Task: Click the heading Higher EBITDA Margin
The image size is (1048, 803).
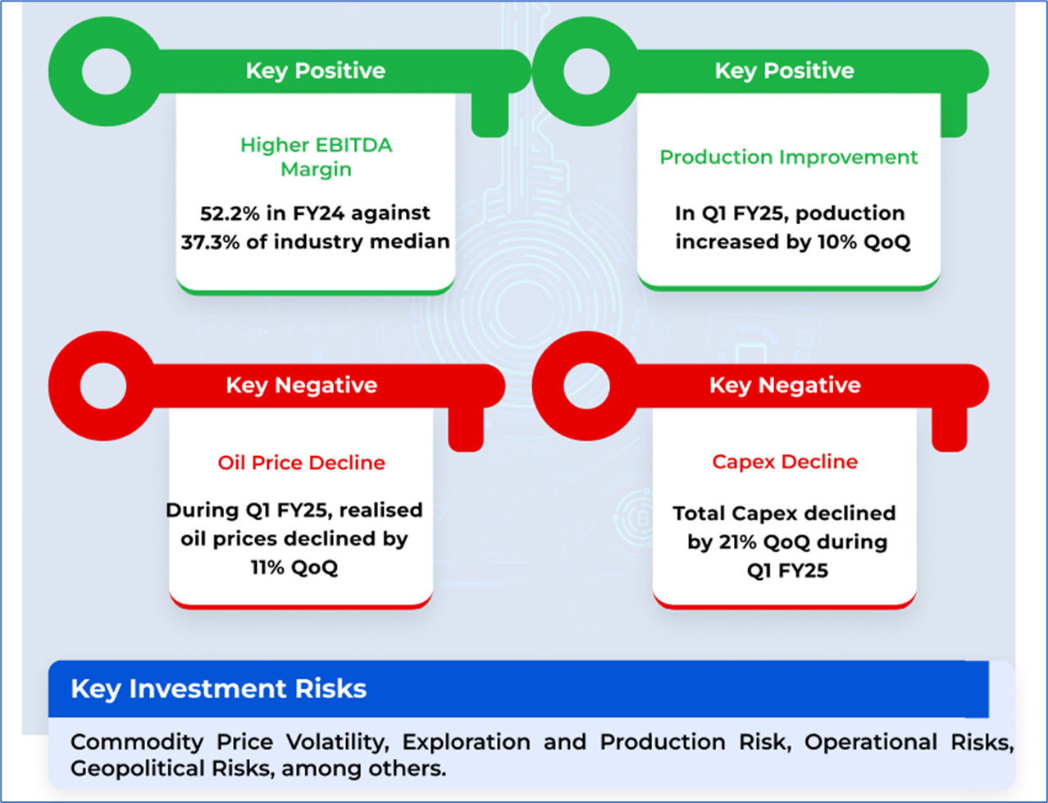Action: click(x=316, y=157)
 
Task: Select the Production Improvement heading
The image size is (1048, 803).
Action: click(x=789, y=157)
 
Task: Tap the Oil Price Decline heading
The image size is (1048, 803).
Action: click(x=301, y=463)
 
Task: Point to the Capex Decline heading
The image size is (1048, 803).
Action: click(x=785, y=462)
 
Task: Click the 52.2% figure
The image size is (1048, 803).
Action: click(x=226, y=213)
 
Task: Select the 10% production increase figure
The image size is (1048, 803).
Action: click(x=836, y=242)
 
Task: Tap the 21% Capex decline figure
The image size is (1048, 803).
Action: click(x=737, y=542)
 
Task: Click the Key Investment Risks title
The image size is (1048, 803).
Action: click(x=218, y=688)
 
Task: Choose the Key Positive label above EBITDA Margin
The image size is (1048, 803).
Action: click(x=316, y=71)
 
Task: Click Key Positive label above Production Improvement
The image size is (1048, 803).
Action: click(x=784, y=71)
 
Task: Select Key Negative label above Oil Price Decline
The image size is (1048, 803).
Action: click(x=301, y=385)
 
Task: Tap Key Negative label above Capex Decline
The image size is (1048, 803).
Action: click(x=785, y=385)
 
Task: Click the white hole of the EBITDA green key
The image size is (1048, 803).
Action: click(x=107, y=71)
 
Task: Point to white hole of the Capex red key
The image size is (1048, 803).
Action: click(x=587, y=386)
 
